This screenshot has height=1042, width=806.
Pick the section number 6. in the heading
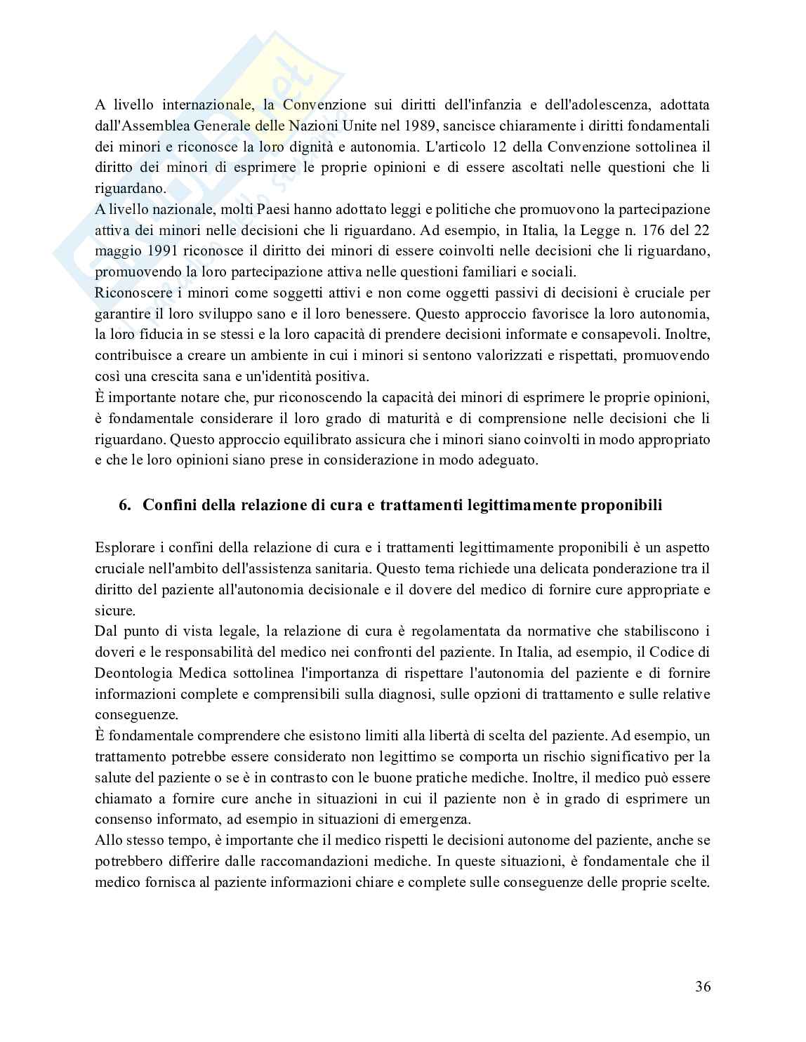click(x=125, y=505)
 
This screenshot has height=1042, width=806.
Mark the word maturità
click(x=404, y=419)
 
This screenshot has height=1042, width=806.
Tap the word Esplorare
click(x=121, y=547)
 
